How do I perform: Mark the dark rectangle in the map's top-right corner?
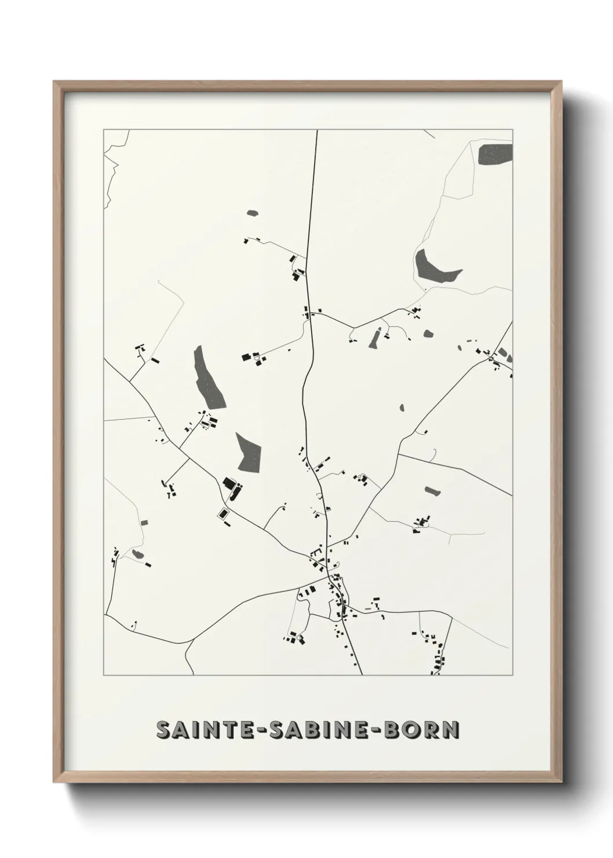tap(495, 154)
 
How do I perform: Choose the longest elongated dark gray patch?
tap(209, 377)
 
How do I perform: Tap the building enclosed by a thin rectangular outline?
tap(222, 513)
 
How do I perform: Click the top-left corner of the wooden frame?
tap(54, 82)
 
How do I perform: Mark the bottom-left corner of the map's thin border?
tap(104, 675)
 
